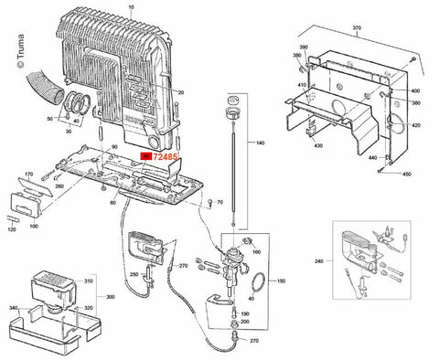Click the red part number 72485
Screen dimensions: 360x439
pos(166,158)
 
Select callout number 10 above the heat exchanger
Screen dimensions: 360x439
pos(130,6)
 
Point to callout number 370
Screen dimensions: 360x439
pos(357,28)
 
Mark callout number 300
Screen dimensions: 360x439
pos(110,298)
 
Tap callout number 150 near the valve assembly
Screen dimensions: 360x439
pos(281,281)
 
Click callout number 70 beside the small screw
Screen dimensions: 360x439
pos(220,200)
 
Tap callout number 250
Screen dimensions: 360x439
pos(134,275)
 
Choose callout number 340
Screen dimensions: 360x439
pos(14,309)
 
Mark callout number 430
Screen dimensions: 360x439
pos(318,147)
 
